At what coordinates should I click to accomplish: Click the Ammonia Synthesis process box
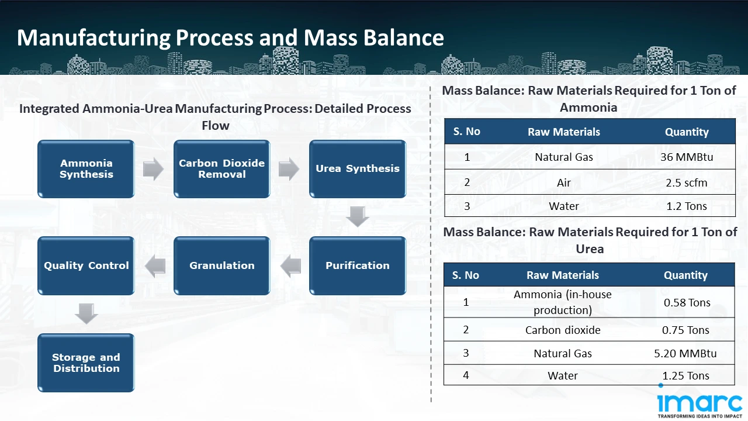[x=86, y=169]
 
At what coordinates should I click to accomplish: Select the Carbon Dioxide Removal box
[x=221, y=169]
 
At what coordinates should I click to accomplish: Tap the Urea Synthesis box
[x=357, y=169]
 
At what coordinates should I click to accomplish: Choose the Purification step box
[x=357, y=265]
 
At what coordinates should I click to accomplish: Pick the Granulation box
[x=221, y=265]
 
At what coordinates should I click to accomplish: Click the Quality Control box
[x=86, y=265]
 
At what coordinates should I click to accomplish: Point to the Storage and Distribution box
[x=86, y=363]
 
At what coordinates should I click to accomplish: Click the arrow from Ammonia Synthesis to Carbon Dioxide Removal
[x=153, y=170]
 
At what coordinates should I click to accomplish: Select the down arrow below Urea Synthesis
[x=357, y=217]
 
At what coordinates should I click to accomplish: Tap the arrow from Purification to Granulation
[x=290, y=267]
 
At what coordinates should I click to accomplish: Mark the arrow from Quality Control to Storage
[x=86, y=314]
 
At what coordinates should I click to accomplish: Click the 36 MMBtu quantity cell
[x=686, y=157]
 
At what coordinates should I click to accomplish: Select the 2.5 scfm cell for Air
[x=686, y=182]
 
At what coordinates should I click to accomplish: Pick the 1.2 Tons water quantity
[x=686, y=206]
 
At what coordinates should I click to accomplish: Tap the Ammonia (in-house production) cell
[x=562, y=302]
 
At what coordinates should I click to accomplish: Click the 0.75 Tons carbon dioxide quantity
[x=685, y=330]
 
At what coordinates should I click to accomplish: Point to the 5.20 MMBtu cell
[x=685, y=353]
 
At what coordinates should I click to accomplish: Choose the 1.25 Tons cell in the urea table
[x=685, y=375]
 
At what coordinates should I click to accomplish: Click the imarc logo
[x=699, y=405]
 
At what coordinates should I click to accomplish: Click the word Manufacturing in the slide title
[x=93, y=38]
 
